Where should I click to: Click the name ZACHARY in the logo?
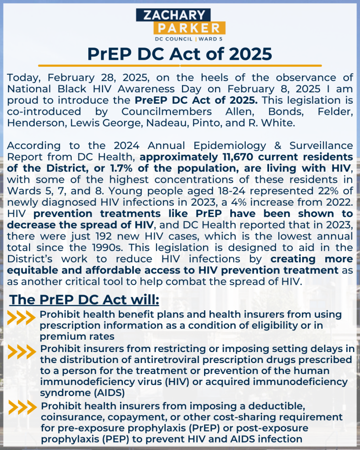click(x=179, y=15)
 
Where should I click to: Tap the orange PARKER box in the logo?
click(x=189, y=29)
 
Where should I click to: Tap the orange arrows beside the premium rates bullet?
click(x=21, y=318)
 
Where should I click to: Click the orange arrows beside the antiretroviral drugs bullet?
click(x=21, y=352)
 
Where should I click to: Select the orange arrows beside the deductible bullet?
click(x=21, y=407)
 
